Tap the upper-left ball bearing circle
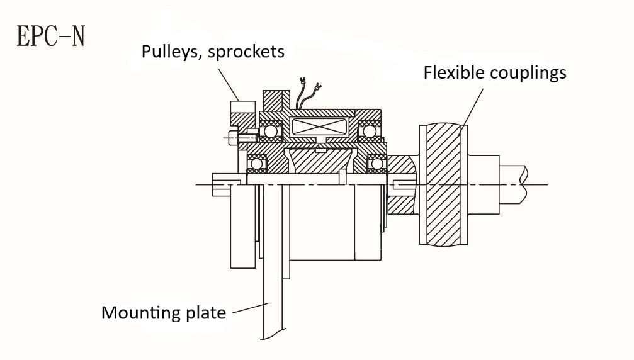pyautogui.click(x=271, y=132)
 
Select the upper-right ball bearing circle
pyautogui.click(x=369, y=132)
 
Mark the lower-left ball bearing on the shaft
pyautogui.click(x=256, y=164)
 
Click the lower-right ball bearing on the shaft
pyautogui.click(x=377, y=164)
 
